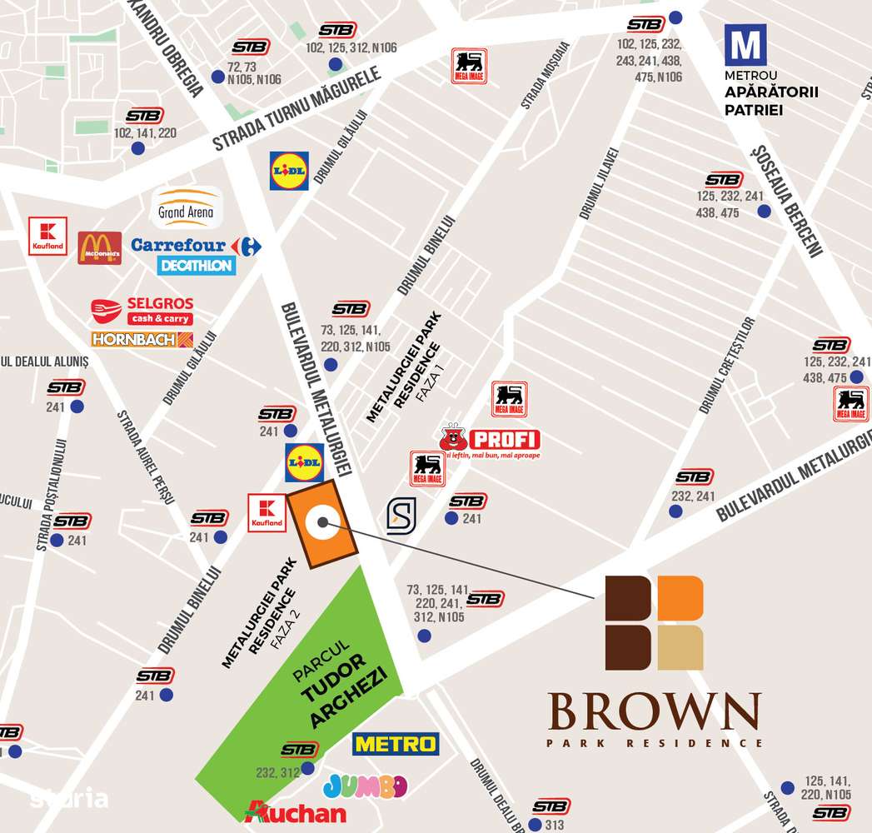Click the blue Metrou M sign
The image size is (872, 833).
(745, 45)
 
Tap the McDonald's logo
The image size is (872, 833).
(100, 247)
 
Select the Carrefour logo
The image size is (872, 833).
(197, 245)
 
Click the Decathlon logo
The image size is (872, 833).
(197, 266)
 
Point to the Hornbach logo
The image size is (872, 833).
(142, 340)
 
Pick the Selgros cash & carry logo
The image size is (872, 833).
(142, 311)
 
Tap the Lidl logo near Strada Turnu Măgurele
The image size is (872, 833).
(289, 171)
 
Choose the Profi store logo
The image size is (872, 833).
(491, 441)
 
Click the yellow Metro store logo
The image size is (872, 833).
(396, 743)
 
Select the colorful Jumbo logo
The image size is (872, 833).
(365, 786)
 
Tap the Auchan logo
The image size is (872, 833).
(296, 811)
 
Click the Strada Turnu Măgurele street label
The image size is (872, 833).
(297, 109)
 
